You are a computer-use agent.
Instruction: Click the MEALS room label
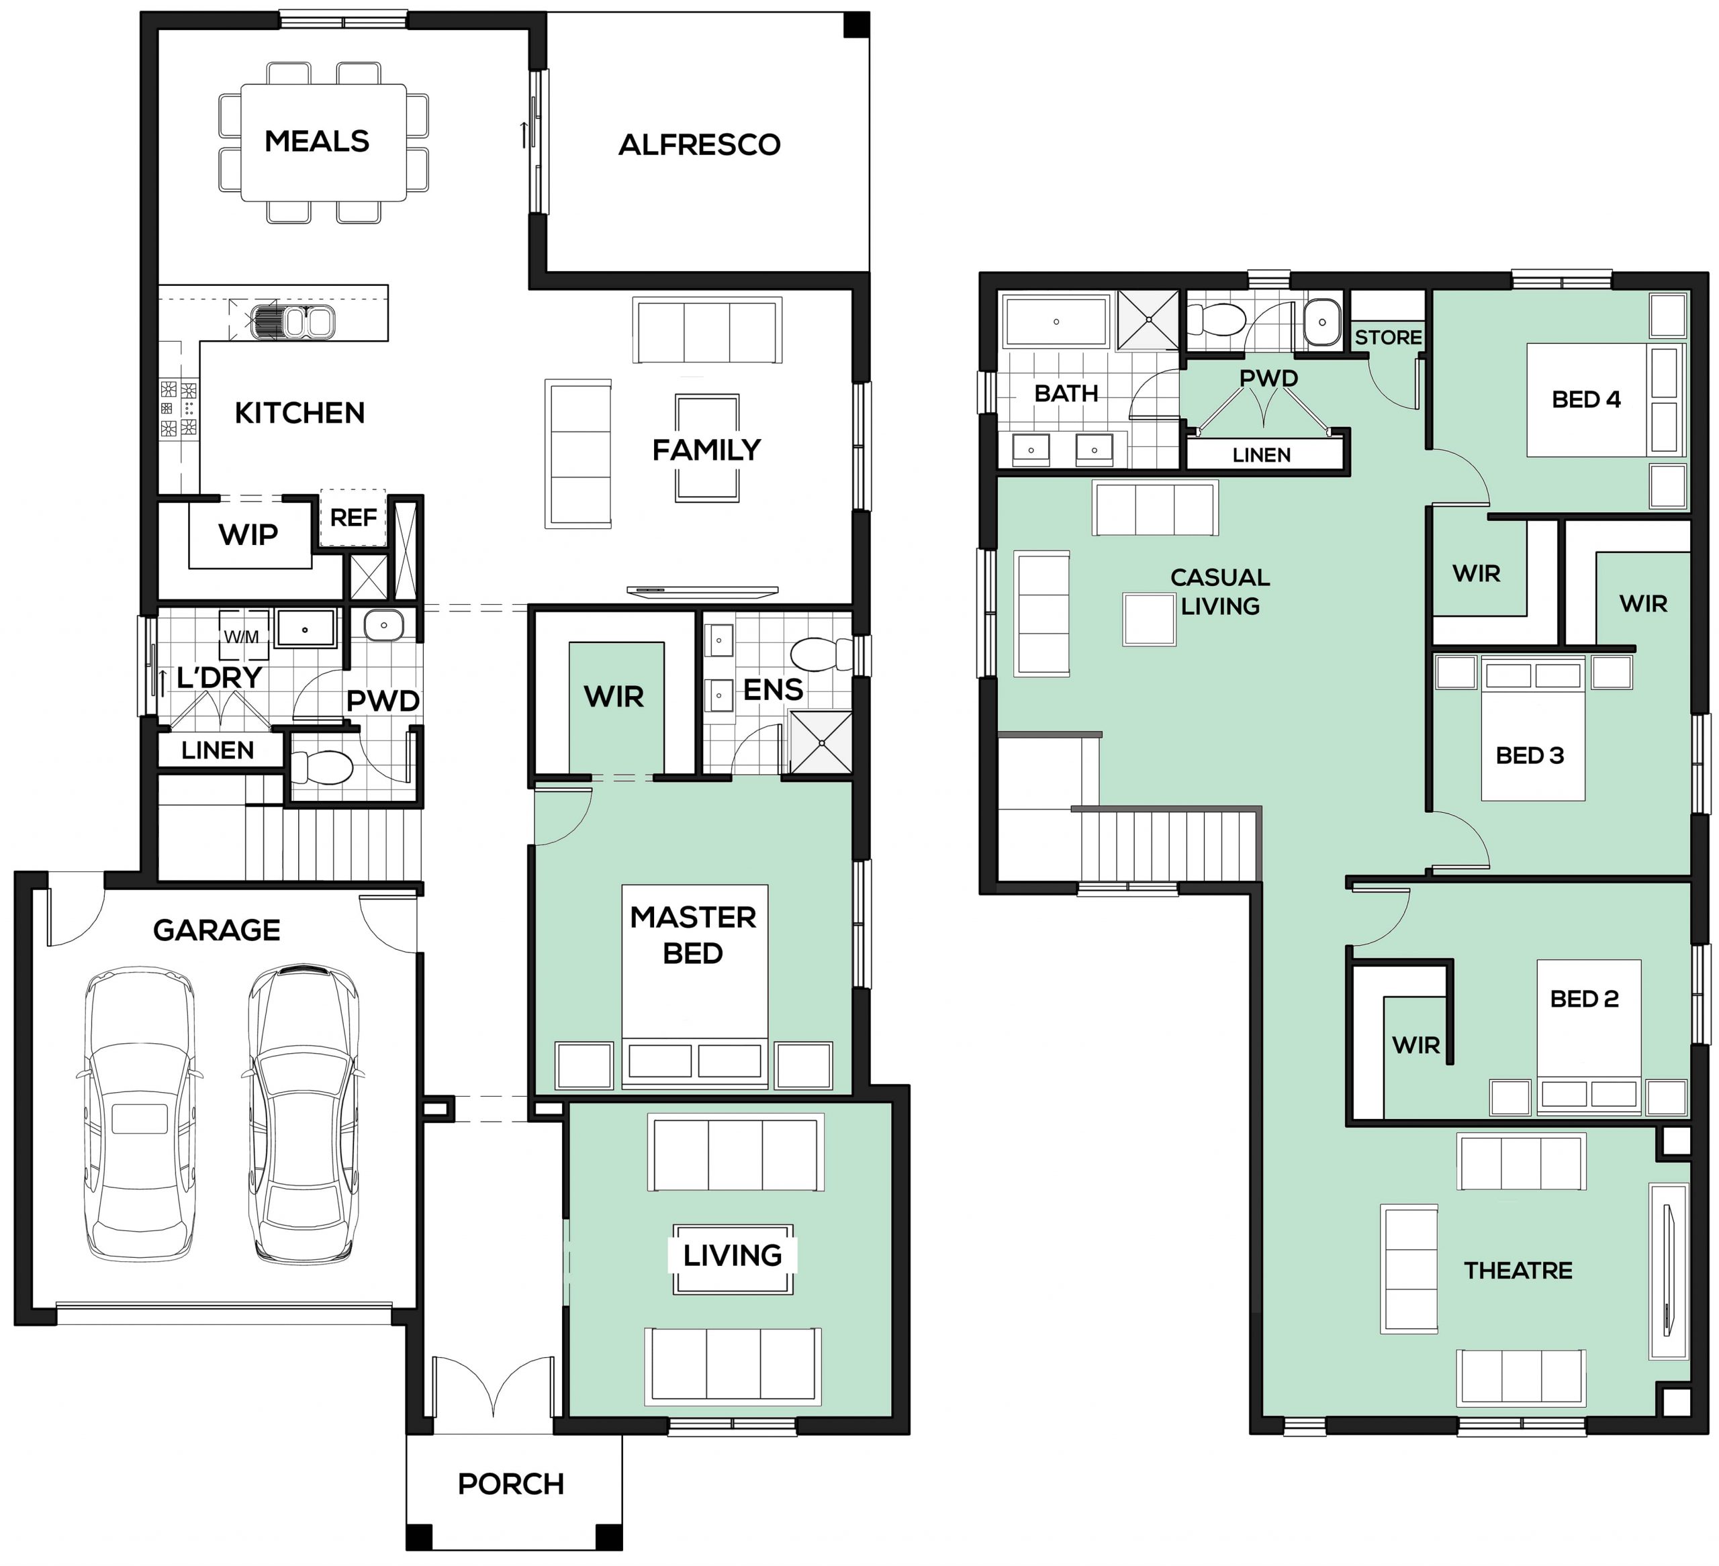316,142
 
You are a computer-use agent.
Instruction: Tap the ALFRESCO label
699,145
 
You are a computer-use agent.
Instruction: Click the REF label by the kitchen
353,518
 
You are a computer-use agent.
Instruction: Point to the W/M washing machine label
241,637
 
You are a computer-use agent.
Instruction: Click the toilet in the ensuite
821,654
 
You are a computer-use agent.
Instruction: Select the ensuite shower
821,742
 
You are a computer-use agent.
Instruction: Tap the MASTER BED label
693,935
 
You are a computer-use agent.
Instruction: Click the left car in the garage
140,1114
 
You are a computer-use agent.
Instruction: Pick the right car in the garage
303,1114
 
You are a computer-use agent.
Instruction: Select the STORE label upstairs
1388,338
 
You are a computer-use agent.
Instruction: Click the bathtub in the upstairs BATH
1056,322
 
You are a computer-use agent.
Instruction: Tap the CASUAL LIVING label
1220,591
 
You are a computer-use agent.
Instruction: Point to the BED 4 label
1586,399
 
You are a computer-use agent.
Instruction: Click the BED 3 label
1530,755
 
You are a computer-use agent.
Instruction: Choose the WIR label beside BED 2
1416,1045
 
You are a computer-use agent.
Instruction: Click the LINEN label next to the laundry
218,750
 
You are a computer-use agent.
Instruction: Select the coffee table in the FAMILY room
707,448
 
